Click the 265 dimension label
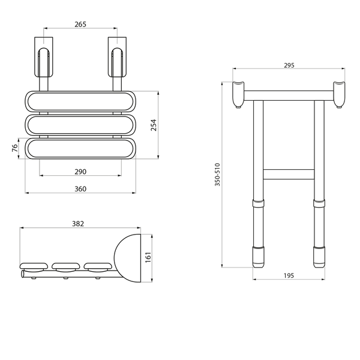[x=80, y=24]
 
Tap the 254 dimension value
[x=154, y=125]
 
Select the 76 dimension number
[x=14, y=148]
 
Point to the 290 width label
[x=80, y=172]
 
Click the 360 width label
[x=80, y=189]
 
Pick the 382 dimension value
[x=78, y=224]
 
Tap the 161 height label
[x=148, y=257]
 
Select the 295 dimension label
[x=289, y=65]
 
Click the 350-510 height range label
[x=217, y=175]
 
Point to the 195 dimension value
[x=289, y=275]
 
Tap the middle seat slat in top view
[x=80, y=125]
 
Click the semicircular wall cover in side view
[x=127, y=258]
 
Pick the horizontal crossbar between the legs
[x=289, y=174]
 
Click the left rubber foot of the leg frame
[x=258, y=257]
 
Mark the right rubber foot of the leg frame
[x=319, y=257]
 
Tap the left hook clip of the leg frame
[x=238, y=94]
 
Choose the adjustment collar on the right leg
[x=319, y=203]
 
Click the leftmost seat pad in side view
[x=34, y=267]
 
